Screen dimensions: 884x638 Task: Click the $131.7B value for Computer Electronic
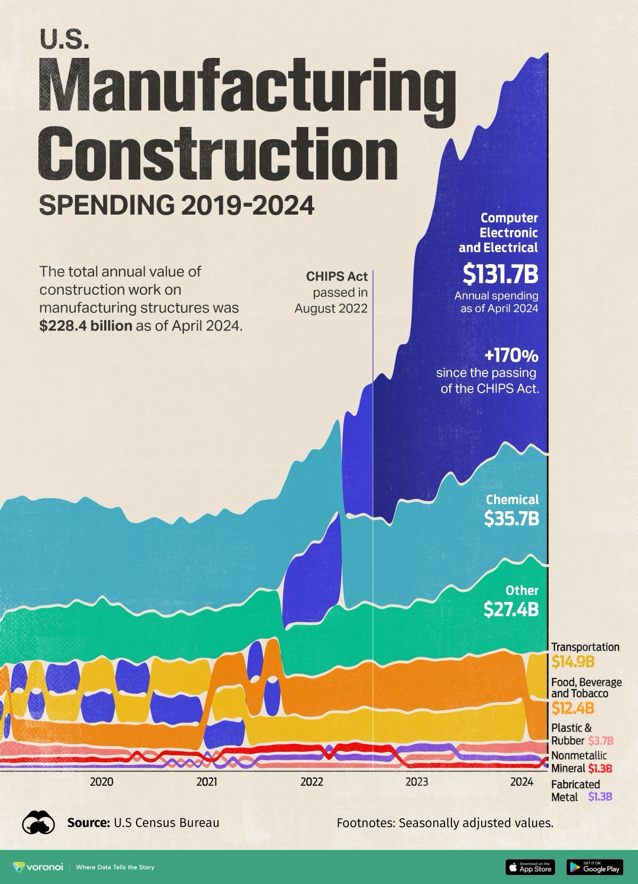[x=500, y=274]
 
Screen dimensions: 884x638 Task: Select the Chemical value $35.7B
[x=511, y=518]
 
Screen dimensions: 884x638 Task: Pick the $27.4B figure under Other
[x=511, y=609]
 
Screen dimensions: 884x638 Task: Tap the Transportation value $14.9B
[x=572, y=662]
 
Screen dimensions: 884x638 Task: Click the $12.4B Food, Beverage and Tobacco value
[x=572, y=708]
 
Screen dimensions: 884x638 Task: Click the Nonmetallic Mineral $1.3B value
[x=600, y=768]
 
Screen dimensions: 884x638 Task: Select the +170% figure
[x=511, y=355]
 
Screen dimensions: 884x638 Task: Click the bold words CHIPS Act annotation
[x=337, y=276]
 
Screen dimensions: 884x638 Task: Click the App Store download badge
[x=530, y=866]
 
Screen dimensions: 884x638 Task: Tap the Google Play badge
[x=594, y=866]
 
